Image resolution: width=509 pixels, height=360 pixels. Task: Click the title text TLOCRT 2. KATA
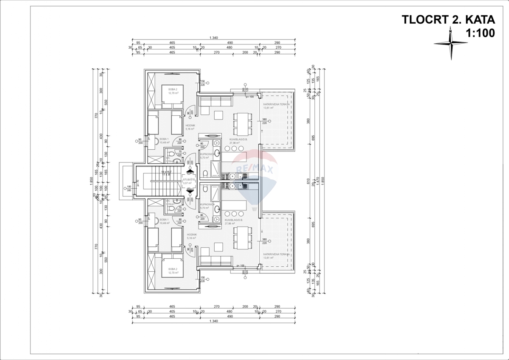pyautogui.click(x=448, y=20)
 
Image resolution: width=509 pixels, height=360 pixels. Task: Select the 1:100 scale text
pyautogui.click(x=480, y=33)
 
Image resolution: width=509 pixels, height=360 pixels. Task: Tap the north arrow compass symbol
pyautogui.click(x=450, y=43)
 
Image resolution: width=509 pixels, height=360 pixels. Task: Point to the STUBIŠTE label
pyautogui.click(x=189, y=180)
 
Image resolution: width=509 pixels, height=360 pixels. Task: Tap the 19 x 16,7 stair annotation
pyautogui.click(x=165, y=172)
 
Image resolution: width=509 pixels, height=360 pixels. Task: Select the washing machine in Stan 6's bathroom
pyautogui.click(x=217, y=219)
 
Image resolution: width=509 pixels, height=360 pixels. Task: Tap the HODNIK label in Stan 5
pyautogui.click(x=190, y=126)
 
